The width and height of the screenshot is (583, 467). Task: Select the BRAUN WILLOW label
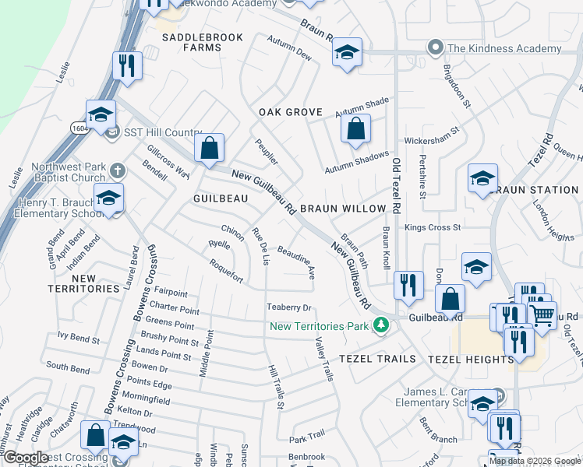[343, 209]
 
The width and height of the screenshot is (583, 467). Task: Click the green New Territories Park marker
[380, 325]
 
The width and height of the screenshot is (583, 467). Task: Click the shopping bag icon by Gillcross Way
[209, 149]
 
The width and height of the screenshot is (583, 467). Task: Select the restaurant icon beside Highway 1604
[125, 65]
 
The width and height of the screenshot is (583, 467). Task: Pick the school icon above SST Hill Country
[101, 116]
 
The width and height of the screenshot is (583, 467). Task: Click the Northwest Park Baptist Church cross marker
[117, 170]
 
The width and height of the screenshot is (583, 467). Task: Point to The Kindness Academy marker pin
[436, 48]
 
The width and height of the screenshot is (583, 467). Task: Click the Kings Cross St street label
[433, 228]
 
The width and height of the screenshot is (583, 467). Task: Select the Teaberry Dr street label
[289, 307]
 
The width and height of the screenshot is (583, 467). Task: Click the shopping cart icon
[542, 314]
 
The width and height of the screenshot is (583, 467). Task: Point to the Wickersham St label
[429, 142]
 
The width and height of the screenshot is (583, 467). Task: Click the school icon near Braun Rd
[347, 53]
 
